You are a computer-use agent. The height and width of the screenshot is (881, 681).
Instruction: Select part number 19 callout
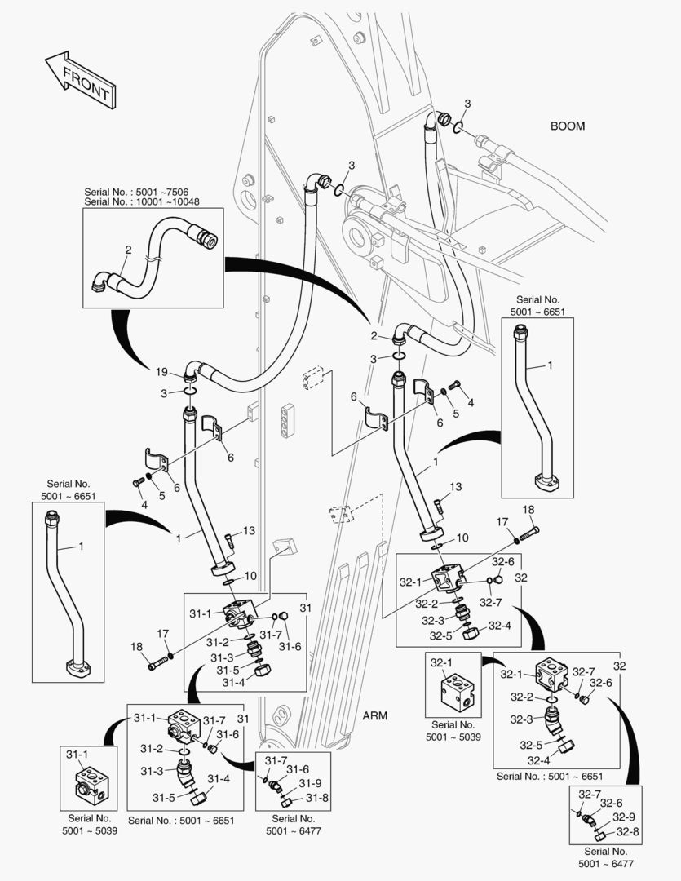[x=162, y=372]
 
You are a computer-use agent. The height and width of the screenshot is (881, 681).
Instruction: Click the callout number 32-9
[x=624, y=817]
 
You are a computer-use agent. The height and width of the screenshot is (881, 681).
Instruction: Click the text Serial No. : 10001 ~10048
[x=142, y=201]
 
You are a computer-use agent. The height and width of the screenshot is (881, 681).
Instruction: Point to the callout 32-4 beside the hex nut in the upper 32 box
[x=499, y=626]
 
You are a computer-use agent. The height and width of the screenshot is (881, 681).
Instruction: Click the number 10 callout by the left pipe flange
[x=250, y=576]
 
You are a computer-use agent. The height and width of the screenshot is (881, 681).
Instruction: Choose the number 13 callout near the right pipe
[x=455, y=487]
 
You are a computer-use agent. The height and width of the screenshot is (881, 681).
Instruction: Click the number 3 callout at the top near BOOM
[x=467, y=103]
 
